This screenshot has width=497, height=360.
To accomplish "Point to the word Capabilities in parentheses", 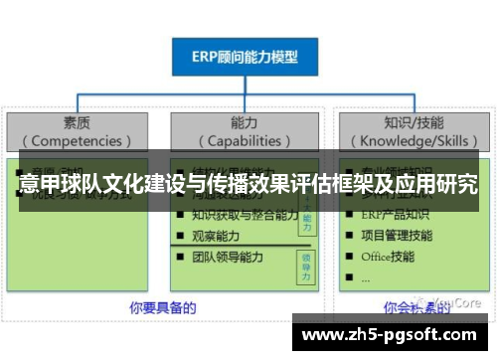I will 244,140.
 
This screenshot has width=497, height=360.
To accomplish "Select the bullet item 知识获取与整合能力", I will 245,214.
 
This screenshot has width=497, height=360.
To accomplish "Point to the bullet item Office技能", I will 389,257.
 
